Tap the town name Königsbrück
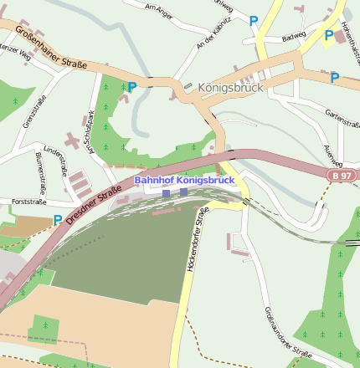[x=231, y=87]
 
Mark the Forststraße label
[x=23, y=202]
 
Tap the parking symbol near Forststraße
[x=58, y=221]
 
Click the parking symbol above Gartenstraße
[x=335, y=78]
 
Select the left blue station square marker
[x=166, y=193]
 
